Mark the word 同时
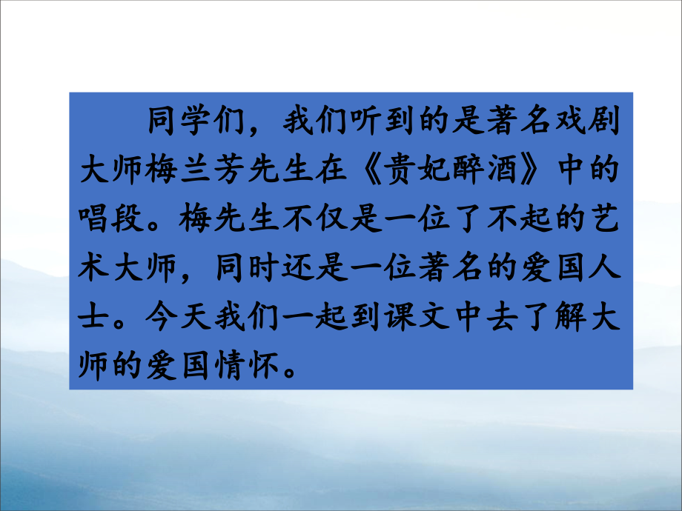click(248, 270)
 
